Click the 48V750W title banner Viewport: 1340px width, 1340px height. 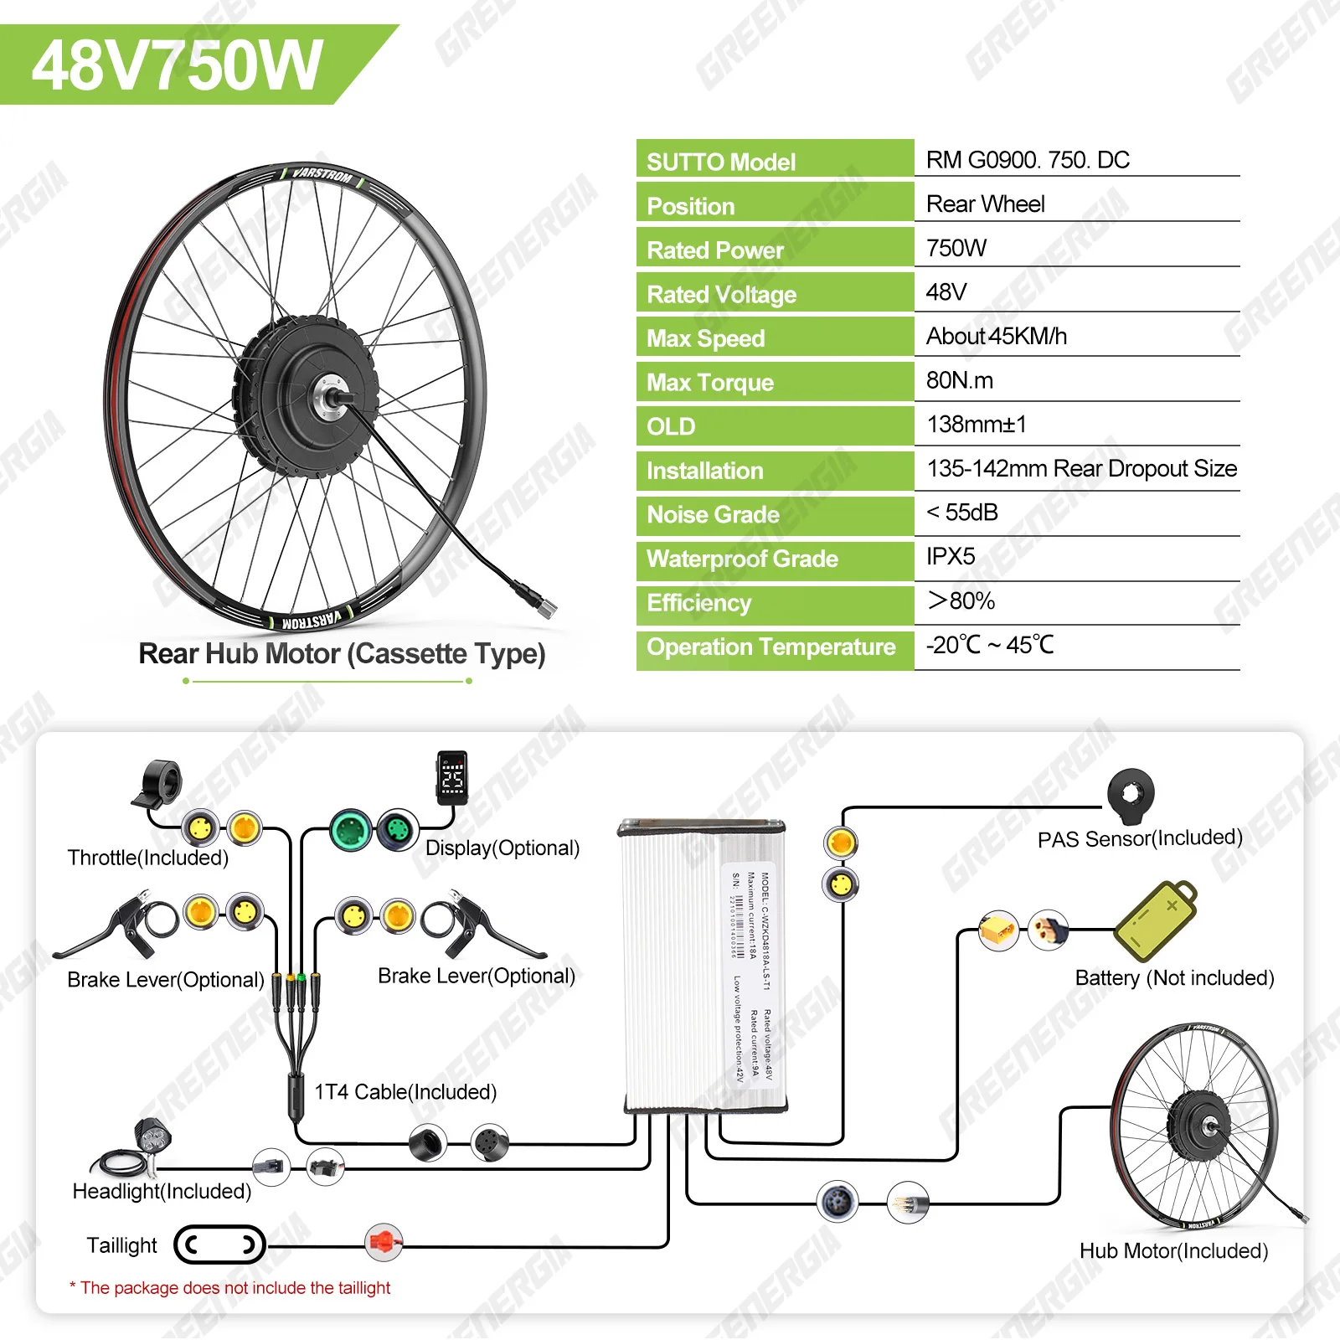178,65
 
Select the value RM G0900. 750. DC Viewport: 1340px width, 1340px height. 1028,160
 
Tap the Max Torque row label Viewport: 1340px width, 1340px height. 710,383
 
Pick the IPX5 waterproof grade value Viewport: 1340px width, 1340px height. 951,557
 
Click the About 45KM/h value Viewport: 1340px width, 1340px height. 997,337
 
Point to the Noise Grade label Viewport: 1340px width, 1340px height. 713,515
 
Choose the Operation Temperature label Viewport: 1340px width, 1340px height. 771,647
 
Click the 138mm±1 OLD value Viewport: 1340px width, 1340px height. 977,425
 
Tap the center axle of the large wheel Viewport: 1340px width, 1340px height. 329,396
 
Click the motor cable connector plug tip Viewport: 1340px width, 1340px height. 545,607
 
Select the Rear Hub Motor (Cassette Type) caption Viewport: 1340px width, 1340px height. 342,654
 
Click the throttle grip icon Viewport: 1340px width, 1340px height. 159,784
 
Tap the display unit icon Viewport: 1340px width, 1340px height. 452,777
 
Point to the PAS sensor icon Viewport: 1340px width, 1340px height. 1131,794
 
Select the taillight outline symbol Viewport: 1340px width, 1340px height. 219,1245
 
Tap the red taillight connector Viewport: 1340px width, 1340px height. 384,1243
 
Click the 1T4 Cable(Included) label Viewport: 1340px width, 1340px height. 405,1092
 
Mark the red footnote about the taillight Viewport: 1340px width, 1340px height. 230,1288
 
